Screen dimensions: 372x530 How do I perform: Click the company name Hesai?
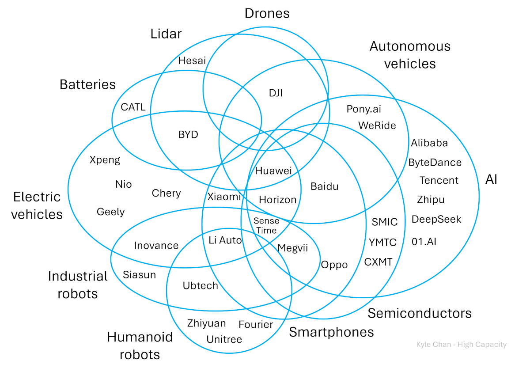192,61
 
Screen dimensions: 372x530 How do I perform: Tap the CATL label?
133,107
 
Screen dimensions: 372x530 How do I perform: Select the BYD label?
188,135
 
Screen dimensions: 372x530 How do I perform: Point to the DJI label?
276,93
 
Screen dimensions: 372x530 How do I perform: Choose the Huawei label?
273,171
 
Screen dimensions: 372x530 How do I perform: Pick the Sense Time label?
267,225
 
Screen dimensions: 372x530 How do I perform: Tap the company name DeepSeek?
436,220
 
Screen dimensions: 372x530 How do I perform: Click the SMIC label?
384,222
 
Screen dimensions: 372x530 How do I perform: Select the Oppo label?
334,265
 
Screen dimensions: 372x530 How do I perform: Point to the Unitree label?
224,339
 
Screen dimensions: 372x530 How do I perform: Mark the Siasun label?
140,275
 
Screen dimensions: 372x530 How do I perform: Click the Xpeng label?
105,160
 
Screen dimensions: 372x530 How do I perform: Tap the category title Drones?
267,13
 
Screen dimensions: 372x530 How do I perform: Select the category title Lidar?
166,34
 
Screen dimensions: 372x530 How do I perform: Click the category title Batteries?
87,84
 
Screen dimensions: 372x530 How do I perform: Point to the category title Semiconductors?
419,313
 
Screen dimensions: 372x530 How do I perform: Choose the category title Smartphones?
331,332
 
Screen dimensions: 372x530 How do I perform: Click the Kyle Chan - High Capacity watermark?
461,345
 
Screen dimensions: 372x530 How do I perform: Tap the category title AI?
491,179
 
